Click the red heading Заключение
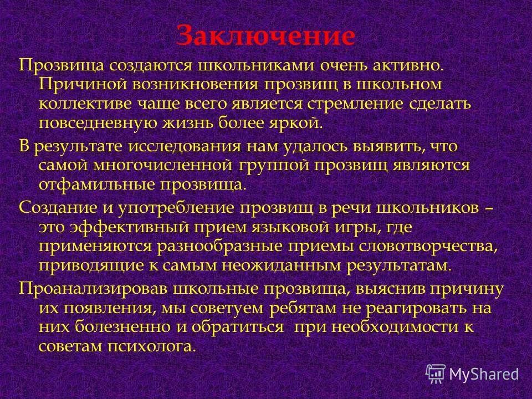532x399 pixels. pos(265,36)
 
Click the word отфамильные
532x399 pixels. pos(95,185)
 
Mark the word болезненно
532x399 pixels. pos(119,326)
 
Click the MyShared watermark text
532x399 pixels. pos(484,374)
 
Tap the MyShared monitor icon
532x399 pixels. pos(436,374)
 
